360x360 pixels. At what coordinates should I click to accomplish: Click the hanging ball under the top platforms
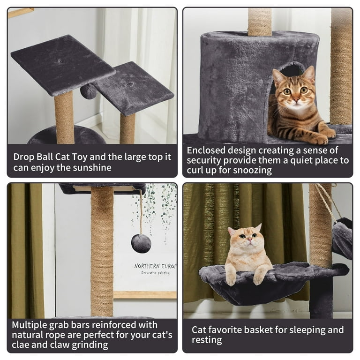[x=88, y=91]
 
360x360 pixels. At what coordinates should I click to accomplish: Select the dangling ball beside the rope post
[x=141, y=243]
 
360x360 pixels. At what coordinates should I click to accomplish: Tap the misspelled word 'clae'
[x=23, y=345]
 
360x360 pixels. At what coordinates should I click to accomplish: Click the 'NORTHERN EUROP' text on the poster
[x=155, y=266]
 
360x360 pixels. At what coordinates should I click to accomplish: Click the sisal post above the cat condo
[x=259, y=22]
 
